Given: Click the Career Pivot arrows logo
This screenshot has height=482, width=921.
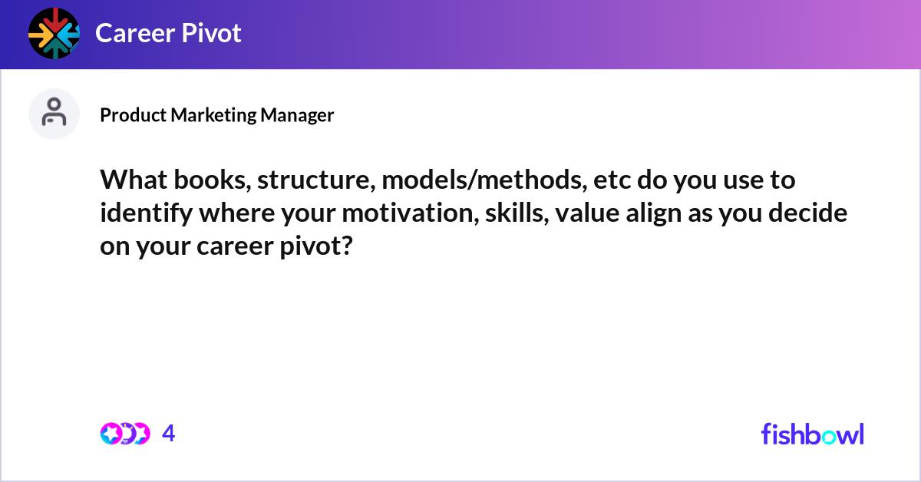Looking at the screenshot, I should tap(54, 33).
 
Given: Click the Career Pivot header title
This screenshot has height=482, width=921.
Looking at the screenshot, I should tap(168, 33).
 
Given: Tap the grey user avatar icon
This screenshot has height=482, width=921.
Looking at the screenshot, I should tap(54, 114).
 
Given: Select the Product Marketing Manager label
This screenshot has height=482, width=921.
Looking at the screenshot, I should tap(217, 115).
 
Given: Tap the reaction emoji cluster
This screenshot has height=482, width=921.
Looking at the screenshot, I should tap(124, 434).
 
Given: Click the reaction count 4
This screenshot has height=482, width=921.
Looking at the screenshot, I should tap(169, 434).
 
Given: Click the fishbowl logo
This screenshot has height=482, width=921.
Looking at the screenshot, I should tap(812, 434).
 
